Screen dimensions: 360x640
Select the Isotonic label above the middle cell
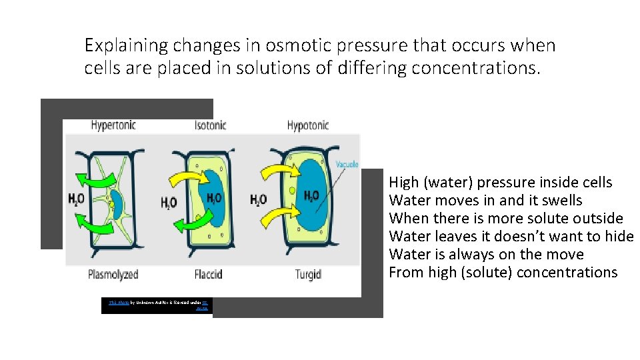click(210, 125)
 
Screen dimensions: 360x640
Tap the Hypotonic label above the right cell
click(308, 125)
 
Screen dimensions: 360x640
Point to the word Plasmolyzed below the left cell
click(113, 274)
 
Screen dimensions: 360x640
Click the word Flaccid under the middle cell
click(208, 274)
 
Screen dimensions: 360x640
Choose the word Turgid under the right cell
click(308, 274)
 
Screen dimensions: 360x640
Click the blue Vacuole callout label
click(347, 164)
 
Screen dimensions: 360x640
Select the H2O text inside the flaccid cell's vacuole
click(215, 198)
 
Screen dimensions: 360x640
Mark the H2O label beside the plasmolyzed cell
click(77, 199)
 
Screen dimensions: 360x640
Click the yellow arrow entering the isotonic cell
click(183, 178)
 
